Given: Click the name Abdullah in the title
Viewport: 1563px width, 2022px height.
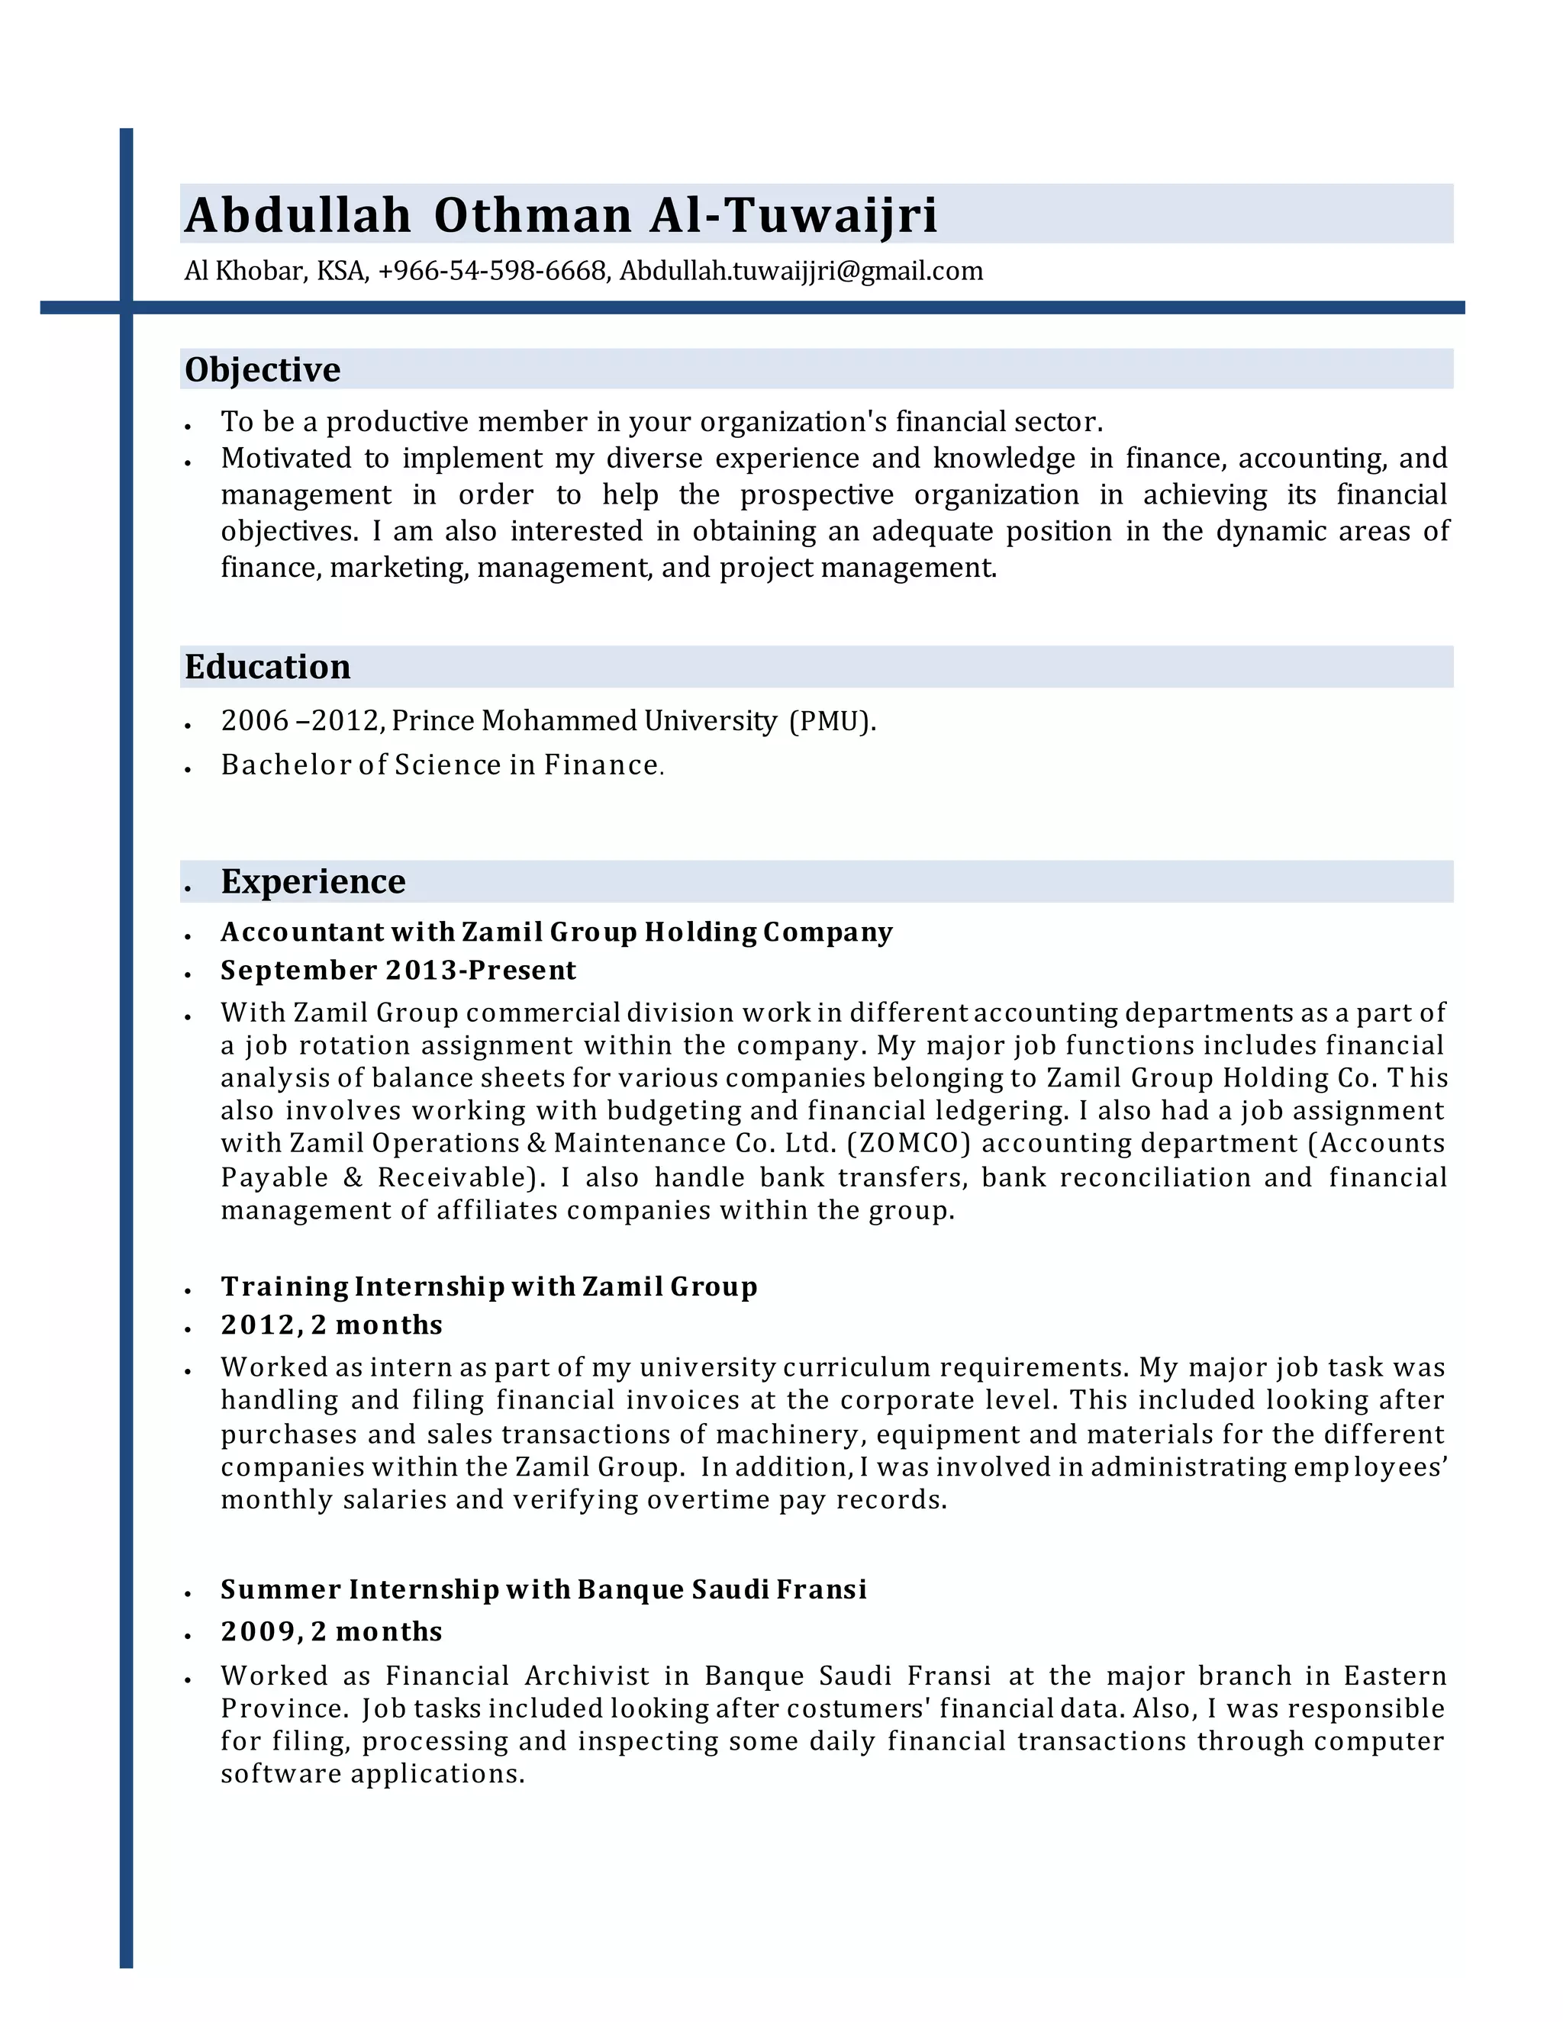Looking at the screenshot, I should pyautogui.click(x=297, y=215).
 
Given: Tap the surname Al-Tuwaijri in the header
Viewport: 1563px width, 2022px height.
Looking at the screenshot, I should pyautogui.click(x=793, y=215).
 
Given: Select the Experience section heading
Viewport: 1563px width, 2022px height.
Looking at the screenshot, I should pyautogui.click(x=313, y=881).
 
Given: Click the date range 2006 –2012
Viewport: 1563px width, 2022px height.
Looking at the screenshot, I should pyautogui.click(x=300, y=720).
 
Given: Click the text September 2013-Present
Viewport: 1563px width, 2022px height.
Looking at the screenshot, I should pyautogui.click(x=398, y=971).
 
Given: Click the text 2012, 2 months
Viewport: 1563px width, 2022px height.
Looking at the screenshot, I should pyautogui.click(x=331, y=1325).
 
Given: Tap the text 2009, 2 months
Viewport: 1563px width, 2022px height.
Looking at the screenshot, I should pyautogui.click(x=331, y=1631).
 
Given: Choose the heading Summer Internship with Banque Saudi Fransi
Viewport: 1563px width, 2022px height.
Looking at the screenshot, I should pyautogui.click(x=543, y=1589).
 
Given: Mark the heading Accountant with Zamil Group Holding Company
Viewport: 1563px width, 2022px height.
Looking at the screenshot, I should pyautogui.click(x=556, y=932).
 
